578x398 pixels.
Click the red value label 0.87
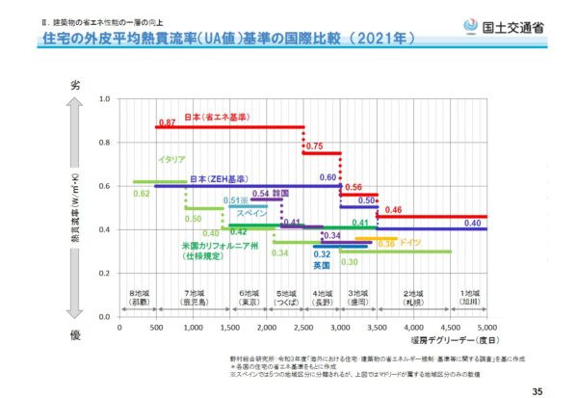(166, 123)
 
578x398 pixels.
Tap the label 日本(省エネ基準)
(218, 115)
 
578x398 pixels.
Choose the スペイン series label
(252, 213)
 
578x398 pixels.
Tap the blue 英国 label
(322, 265)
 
